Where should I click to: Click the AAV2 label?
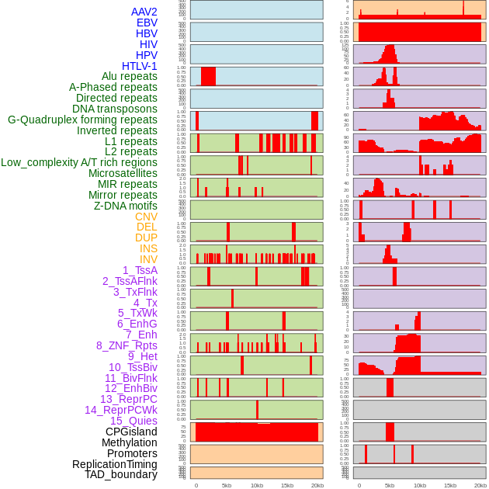(x=144, y=12)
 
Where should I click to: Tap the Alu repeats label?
(x=129, y=76)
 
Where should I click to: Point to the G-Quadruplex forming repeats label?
(x=82, y=120)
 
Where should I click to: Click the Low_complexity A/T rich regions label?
(x=79, y=162)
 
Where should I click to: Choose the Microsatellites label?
(x=123, y=173)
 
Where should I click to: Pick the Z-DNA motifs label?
(x=125, y=206)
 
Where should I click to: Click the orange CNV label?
(x=146, y=217)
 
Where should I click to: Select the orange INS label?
(x=148, y=248)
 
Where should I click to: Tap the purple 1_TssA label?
(x=140, y=270)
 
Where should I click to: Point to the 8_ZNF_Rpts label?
(x=127, y=345)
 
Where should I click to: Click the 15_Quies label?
(x=134, y=421)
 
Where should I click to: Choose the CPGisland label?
(x=131, y=432)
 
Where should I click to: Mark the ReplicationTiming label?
(x=114, y=464)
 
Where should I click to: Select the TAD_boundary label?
(x=120, y=474)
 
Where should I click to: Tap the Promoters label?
(x=132, y=453)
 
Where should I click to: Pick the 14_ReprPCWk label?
(x=120, y=410)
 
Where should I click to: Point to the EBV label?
(x=147, y=23)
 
